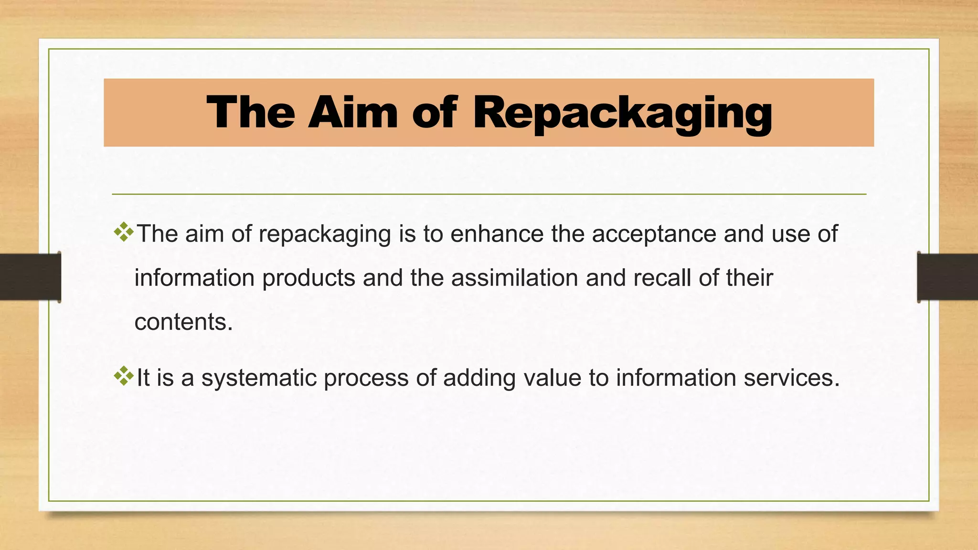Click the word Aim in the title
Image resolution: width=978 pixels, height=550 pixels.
[353, 113]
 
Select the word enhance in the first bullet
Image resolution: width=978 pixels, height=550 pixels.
[497, 234]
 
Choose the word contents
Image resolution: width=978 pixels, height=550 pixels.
[183, 322]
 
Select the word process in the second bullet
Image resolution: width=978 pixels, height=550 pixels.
[366, 378]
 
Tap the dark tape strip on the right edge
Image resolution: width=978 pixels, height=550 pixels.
[947, 277]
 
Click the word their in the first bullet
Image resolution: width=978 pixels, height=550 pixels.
[749, 278]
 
